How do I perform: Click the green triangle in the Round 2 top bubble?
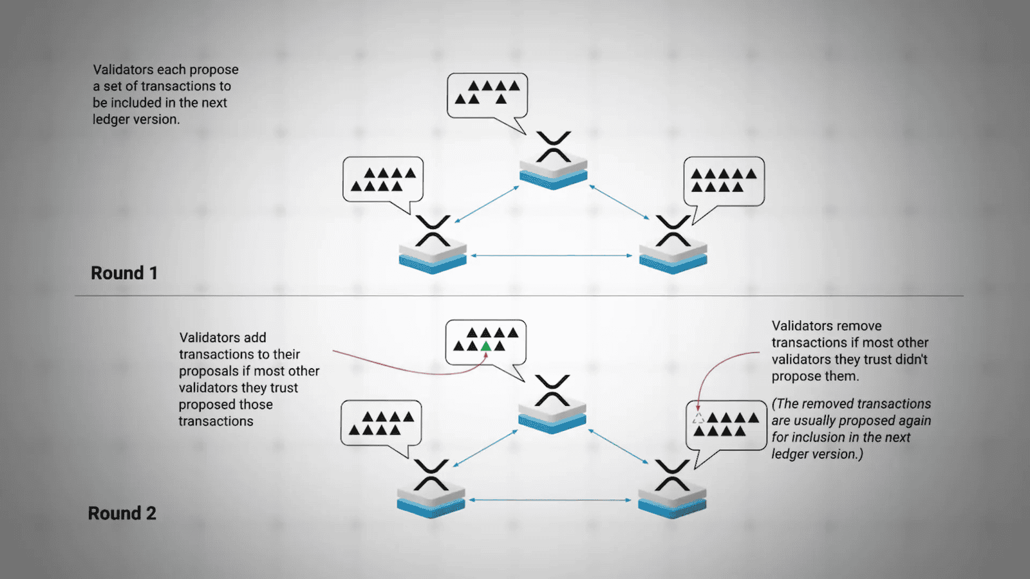click(486, 346)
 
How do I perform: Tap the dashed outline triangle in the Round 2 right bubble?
click(698, 418)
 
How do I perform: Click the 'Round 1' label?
click(124, 273)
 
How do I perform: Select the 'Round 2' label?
click(122, 513)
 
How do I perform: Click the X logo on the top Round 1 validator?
click(554, 147)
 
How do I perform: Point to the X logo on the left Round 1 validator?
click(433, 231)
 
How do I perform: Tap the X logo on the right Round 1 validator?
click(673, 231)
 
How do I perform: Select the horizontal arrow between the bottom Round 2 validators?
click(550, 500)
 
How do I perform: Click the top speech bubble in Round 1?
click(487, 95)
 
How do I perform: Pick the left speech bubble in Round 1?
click(382, 179)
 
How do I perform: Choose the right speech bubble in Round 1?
click(724, 181)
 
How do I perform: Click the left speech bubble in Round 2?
click(380, 423)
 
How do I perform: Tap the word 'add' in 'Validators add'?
click(255, 338)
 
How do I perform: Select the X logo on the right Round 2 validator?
click(672, 475)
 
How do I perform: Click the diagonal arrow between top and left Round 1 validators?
click(487, 205)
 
